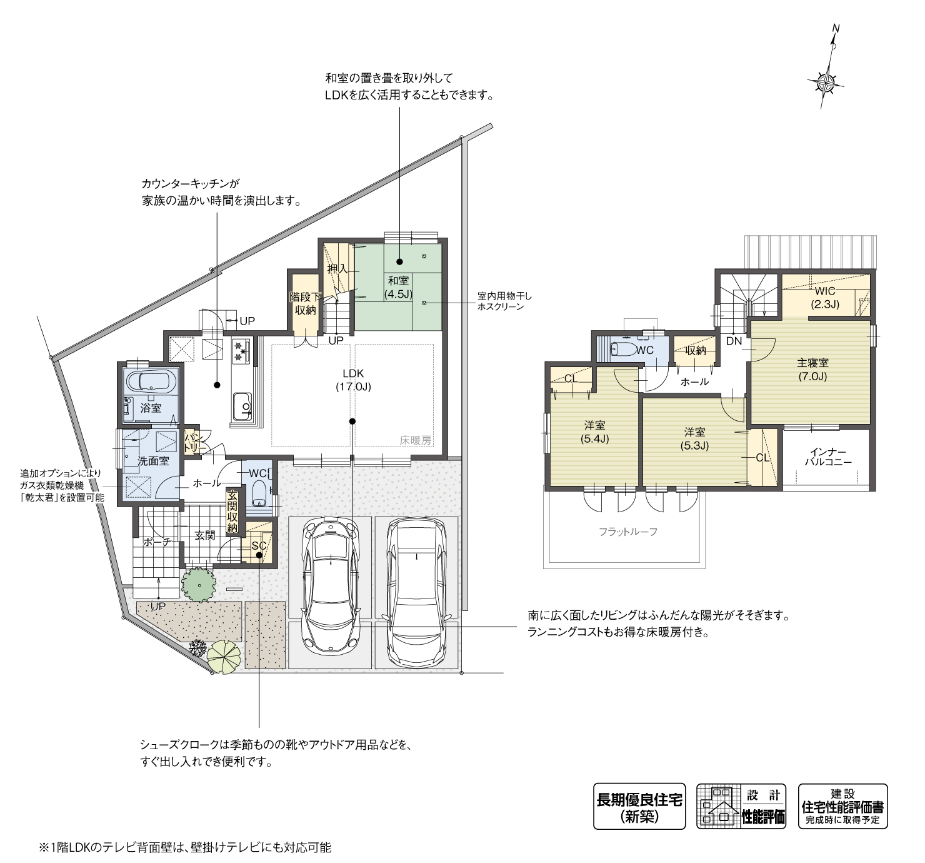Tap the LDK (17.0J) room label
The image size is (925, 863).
pyautogui.click(x=353, y=380)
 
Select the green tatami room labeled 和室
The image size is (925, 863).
pyautogui.click(x=398, y=287)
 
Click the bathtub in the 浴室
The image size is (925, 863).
pyautogui.click(x=151, y=381)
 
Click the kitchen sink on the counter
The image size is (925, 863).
pyautogui.click(x=241, y=407)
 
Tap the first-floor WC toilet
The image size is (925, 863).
pyautogui.click(x=259, y=494)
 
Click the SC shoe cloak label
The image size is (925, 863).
pyautogui.click(x=259, y=546)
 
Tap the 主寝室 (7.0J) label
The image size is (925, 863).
pyautogui.click(x=812, y=370)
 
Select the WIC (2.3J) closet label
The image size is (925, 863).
pyautogui.click(x=825, y=298)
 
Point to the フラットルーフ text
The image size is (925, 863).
pyautogui.click(x=628, y=532)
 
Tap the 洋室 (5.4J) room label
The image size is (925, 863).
pyautogui.click(x=594, y=431)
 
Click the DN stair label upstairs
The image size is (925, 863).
pyautogui.click(x=734, y=341)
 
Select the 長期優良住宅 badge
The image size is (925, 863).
pyautogui.click(x=639, y=806)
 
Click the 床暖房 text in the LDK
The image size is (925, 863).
pyautogui.click(x=416, y=440)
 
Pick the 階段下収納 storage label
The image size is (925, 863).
pyautogui.click(x=305, y=303)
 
